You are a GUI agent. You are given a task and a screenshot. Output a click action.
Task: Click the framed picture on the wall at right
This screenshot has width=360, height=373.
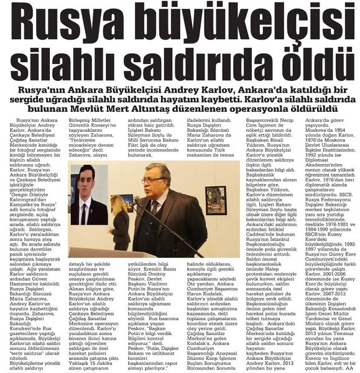(216, 198)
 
